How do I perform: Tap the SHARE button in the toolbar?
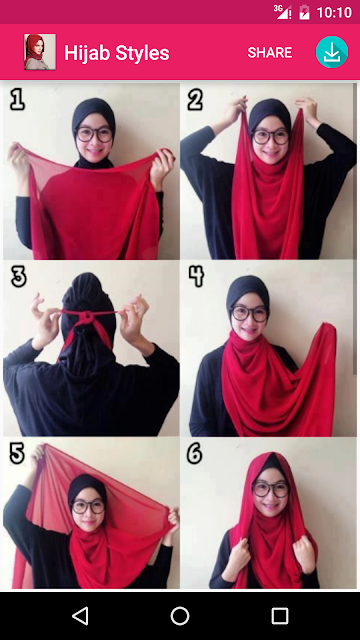pos(270,53)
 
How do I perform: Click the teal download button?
pos(332,52)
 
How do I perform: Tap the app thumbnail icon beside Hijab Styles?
pos(40,52)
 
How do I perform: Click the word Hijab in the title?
pos(87,53)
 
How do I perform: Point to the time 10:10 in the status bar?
pos(334,12)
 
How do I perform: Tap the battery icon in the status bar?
pos(304,12)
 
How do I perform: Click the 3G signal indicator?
pos(282,12)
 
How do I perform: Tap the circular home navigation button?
pos(180,616)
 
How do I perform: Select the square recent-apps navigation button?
pos(280,616)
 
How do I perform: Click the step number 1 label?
pos(17,100)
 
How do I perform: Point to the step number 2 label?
pos(195,100)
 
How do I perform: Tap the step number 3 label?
pos(18,277)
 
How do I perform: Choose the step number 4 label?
pos(196,277)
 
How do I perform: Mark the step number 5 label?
pos(17,454)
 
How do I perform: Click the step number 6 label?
pos(195,454)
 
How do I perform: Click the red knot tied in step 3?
pos(87,318)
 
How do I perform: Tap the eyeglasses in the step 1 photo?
pos(94,134)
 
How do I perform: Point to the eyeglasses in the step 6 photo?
pos(271,489)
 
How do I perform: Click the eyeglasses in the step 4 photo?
pos(249,313)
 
